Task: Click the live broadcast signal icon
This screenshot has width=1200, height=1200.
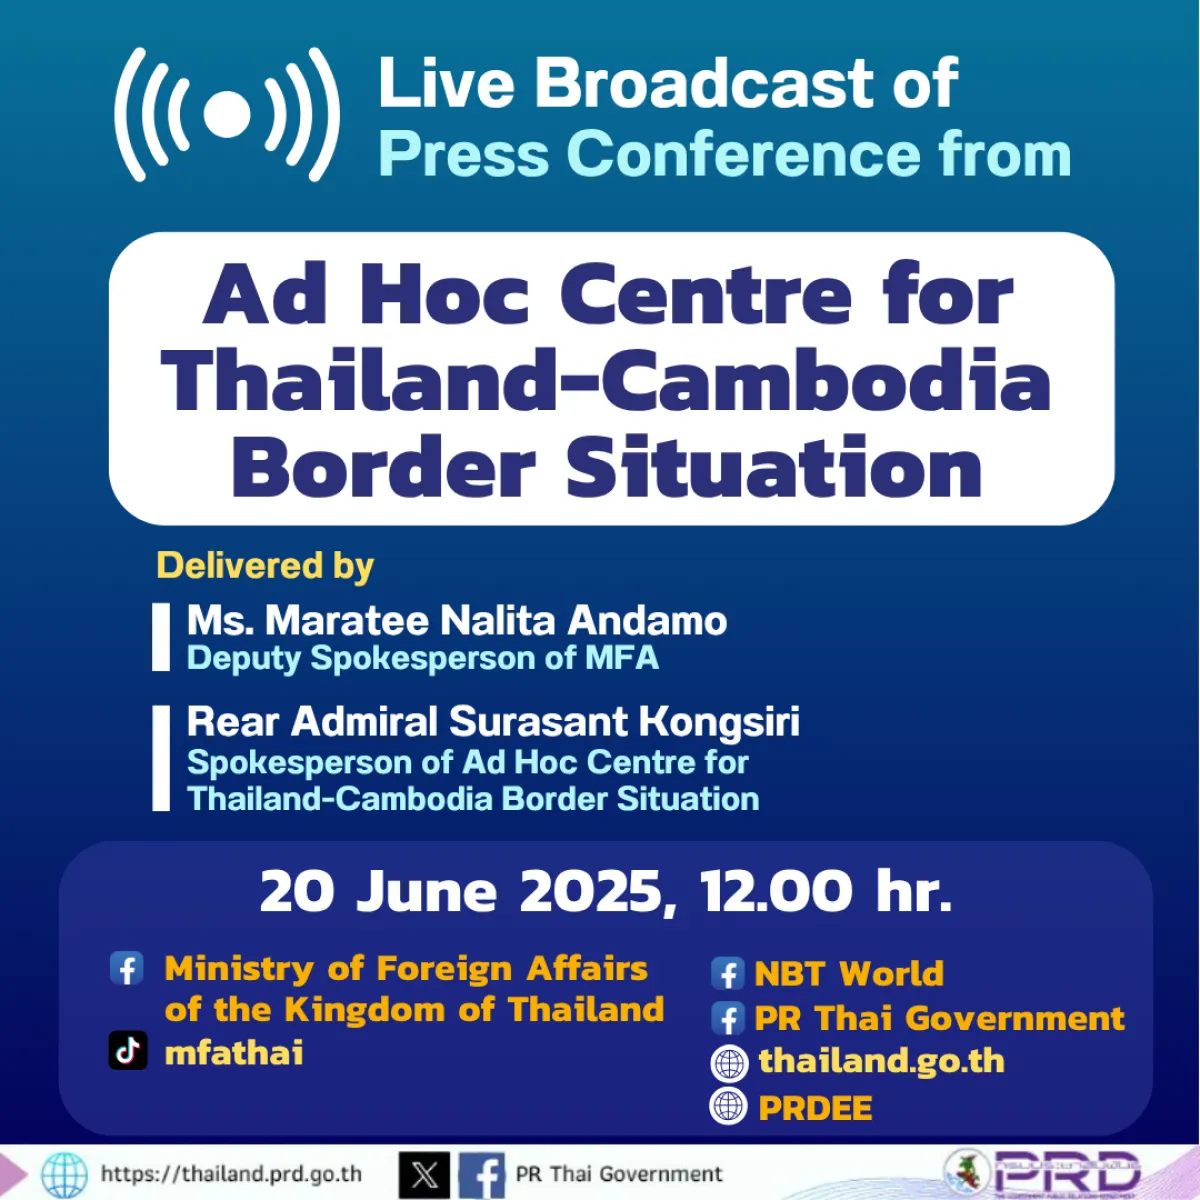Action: point(227,115)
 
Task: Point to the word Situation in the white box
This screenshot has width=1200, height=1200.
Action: point(774,468)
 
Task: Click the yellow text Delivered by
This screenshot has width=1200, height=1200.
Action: point(265,566)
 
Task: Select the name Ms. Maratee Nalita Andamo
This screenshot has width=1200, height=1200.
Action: point(456,621)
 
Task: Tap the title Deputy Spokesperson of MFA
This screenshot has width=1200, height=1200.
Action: point(422,659)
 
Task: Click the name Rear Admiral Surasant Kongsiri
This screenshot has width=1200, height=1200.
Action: point(493,722)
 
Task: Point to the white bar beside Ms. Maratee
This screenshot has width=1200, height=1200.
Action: point(161,637)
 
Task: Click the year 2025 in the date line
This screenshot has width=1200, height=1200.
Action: point(592,891)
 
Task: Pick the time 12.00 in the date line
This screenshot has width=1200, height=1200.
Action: point(776,891)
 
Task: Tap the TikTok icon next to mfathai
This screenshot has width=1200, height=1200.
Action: point(128,1051)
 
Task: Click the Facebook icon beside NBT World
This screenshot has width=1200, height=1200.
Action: point(728,973)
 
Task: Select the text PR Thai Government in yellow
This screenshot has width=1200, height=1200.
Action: point(939,1019)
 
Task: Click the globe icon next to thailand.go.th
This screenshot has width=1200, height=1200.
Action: point(729,1063)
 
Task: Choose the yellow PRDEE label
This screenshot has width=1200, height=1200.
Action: point(815,1108)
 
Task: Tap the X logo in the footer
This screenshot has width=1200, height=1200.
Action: point(424,1174)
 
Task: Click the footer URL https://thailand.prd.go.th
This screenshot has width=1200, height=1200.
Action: point(231,1174)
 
